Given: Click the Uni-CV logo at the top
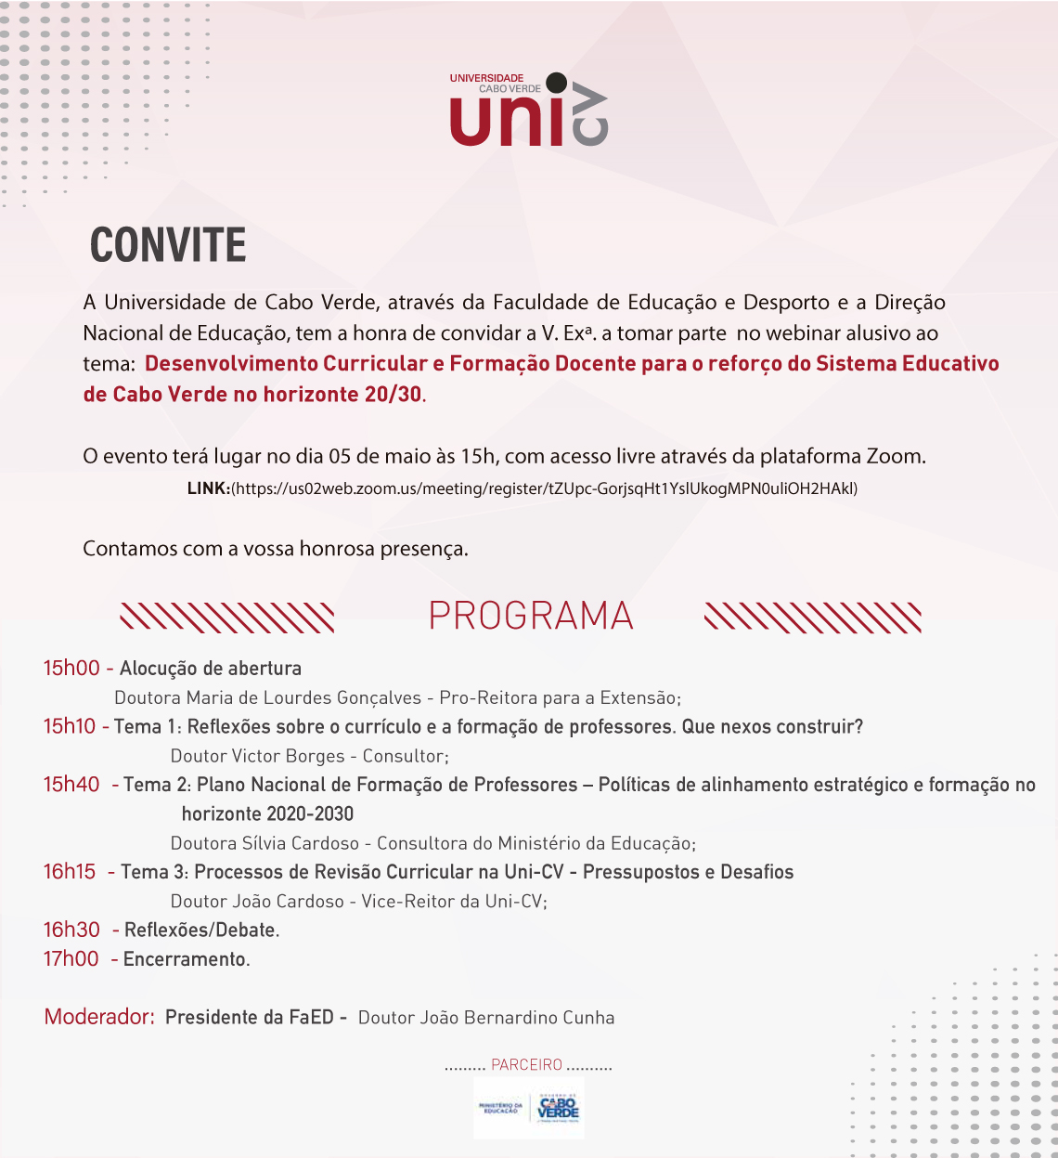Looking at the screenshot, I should [x=528, y=111].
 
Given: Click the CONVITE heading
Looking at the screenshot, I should [x=168, y=246].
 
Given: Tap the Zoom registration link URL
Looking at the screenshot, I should [x=545, y=488].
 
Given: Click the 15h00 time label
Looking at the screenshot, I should [x=71, y=669].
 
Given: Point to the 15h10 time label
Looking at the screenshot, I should [x=70, y=727].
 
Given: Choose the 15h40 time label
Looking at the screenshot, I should [x=71, y=785].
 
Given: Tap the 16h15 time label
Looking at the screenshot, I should [x=70, y=872].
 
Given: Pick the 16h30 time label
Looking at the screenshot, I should [x=71, y=930].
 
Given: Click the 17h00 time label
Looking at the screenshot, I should [x=71, y=959].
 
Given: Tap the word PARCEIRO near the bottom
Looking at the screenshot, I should [x=527, y=1065].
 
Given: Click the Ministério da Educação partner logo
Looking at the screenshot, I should [x=501, y=1108].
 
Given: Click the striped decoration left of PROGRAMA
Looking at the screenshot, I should [x=227, y=618].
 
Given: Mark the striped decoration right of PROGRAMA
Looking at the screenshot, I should [x=813, y=618].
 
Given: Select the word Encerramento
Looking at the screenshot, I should [x=185, y=959].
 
